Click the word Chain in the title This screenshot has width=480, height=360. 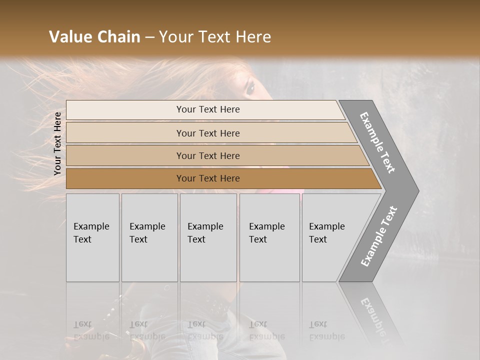click(x=119, y=37)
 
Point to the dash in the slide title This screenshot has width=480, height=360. click(x=149, y=37)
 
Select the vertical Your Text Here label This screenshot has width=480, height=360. click(x=57, y=143)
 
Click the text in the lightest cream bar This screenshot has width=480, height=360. click(x=208, y=109)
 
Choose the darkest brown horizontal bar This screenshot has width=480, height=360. click(x=220, y=178)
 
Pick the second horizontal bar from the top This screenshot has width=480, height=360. click(x=210, y=133)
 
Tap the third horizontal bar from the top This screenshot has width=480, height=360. click(x=215, y=155)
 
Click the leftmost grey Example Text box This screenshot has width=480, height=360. click(x=92, y=237)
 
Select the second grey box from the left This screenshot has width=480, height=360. click(x=149, y=237)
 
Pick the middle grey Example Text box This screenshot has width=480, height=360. click(x=208, y=237)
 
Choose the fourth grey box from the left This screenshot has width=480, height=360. click(x=269, y=237)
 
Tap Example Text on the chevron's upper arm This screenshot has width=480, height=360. click(x=377, y=142)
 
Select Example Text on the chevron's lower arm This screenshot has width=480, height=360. click(x=379, y=236)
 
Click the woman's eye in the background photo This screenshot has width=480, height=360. click(x=250, y=88)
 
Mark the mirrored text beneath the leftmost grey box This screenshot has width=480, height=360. click(x=91, y=330)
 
